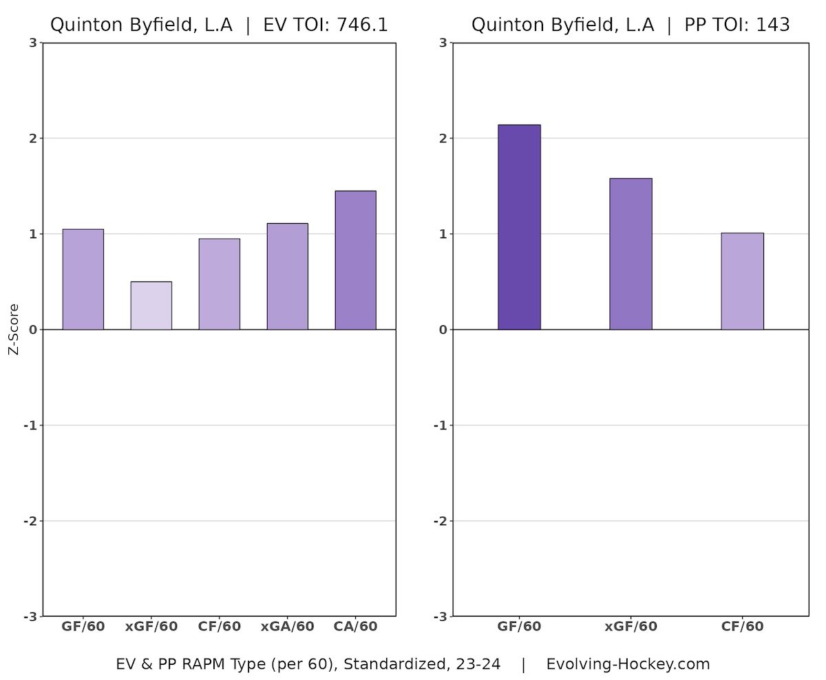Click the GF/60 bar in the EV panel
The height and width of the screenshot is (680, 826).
[83, 279]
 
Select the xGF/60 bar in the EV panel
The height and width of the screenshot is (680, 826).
[151, 306]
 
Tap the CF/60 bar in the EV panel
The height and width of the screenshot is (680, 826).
[219, 284]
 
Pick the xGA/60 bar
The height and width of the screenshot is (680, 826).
[287, 277]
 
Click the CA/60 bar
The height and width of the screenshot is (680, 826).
[355, 260]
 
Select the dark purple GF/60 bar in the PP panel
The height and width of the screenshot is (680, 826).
[519, 227]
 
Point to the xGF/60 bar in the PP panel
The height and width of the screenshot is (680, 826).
[631, 254]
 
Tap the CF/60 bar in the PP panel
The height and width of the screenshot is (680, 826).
[742, 281]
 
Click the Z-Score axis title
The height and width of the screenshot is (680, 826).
[13, 330]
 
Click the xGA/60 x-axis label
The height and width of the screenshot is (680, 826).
[287, 627]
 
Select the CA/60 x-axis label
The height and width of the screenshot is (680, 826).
[355, 627]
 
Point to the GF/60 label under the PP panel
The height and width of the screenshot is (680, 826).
[519, 627]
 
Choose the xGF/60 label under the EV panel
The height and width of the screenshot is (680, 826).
[151, 627]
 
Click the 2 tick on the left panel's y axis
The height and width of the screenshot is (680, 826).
[32, 138]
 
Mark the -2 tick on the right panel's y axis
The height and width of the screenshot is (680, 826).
[441, 521]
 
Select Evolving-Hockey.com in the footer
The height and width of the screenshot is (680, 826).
[628, 664]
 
